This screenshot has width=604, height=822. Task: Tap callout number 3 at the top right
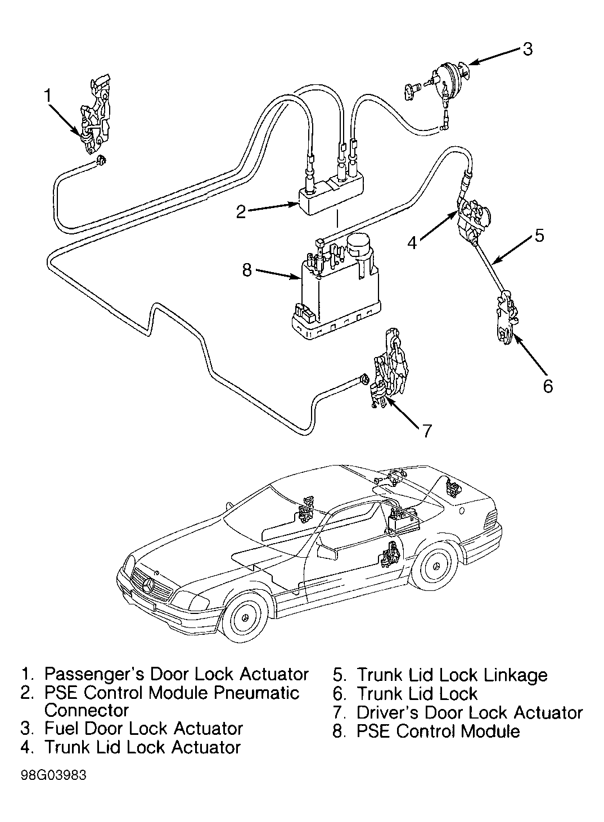coord(528,49)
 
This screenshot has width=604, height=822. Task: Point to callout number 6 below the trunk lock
coord(548,386)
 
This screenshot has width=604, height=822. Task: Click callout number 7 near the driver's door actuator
coord(426,431)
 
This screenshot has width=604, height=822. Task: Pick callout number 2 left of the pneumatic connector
coord(241,212)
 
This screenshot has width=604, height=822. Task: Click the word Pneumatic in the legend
coord(256,693)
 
